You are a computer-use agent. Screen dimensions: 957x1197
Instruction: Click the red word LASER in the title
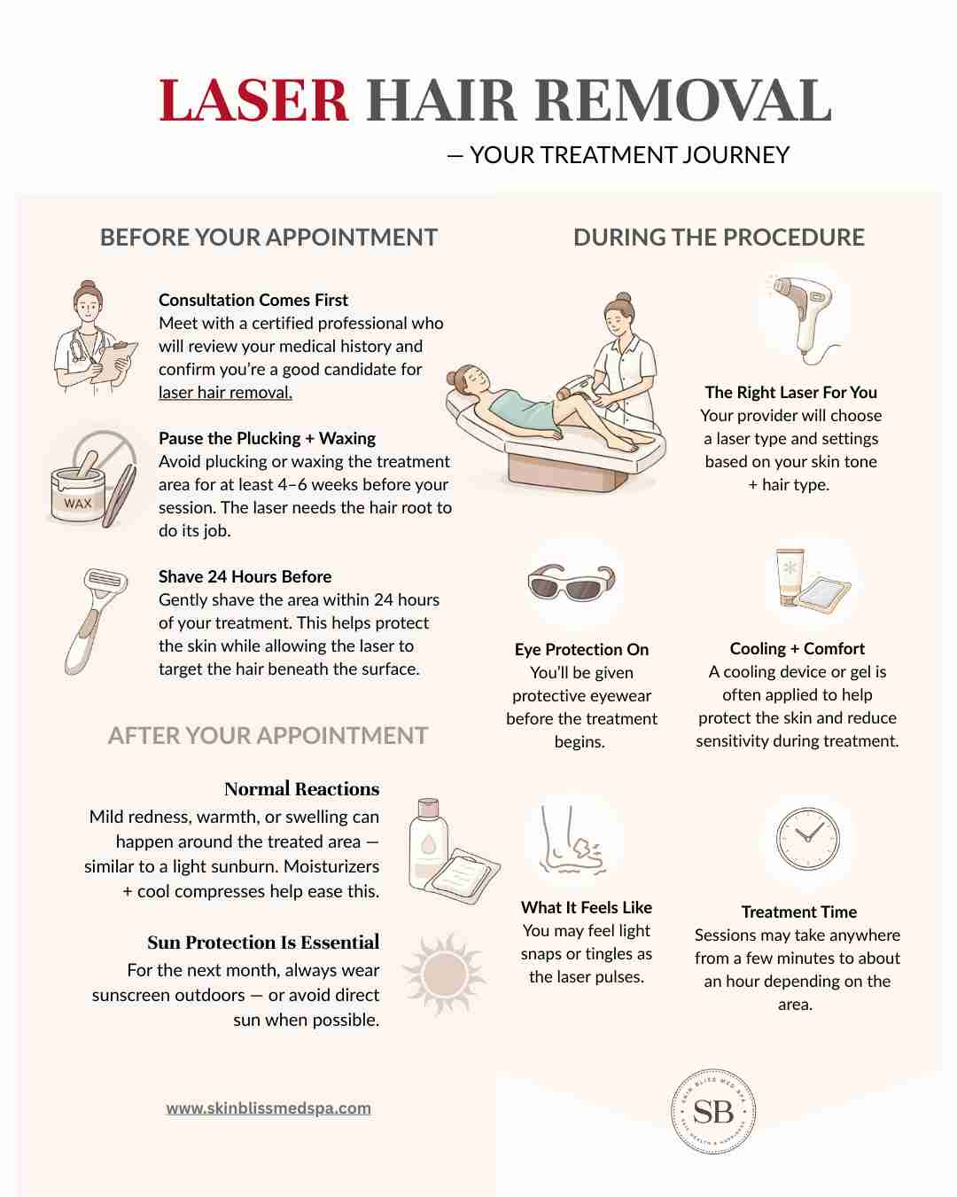[253, 100]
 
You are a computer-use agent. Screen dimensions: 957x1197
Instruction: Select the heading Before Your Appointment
[268, 237]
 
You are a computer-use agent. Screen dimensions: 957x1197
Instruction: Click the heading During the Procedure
[719, 237]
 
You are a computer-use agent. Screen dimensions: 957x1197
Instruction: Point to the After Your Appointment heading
[268, 735]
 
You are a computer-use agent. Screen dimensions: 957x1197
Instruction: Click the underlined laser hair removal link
[225, 393]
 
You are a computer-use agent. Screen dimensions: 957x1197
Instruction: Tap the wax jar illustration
[78, 493]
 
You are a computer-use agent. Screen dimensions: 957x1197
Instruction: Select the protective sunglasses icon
[572, 583]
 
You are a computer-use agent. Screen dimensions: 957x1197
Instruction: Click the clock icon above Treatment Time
[808, 838]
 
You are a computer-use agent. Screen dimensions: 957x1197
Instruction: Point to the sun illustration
[444, 974]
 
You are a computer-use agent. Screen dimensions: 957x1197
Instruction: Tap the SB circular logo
[713, 1113]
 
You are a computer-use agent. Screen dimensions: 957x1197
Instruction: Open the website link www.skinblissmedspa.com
[268, 1108]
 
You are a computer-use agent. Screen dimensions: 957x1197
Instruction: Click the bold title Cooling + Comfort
[797, 648]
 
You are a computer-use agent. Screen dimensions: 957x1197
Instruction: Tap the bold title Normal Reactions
[302, 789]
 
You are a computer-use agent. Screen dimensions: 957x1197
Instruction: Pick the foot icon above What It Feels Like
[571, 840]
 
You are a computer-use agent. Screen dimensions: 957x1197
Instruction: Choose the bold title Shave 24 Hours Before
[245, 577]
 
